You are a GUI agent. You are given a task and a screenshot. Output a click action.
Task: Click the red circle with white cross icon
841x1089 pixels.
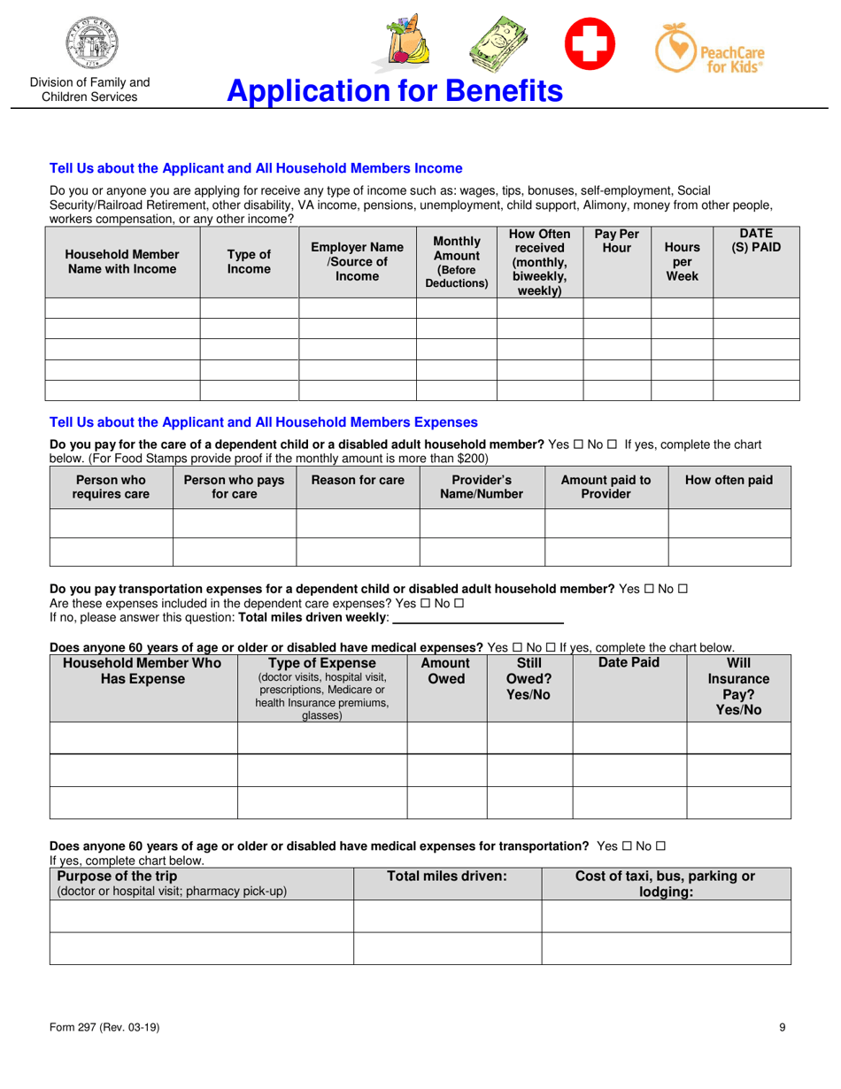tap(590, 46)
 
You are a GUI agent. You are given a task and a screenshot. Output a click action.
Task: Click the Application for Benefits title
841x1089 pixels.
tap(394, 90)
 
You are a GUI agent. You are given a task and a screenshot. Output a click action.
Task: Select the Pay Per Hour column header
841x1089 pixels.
tap(617, 241)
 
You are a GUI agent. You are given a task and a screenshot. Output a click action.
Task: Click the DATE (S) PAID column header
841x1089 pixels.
tap(756, 241)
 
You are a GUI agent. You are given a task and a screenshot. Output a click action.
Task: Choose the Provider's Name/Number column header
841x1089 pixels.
tap(481, 487)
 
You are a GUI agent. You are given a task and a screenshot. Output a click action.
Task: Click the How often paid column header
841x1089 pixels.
tap(729, 480)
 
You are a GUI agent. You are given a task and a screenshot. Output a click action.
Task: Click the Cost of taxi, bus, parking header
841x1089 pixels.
tap(665, 884)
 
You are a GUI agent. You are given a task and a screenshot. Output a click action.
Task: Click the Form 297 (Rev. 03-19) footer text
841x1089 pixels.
tap(104, 1027)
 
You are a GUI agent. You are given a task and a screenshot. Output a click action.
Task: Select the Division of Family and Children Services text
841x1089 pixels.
tap(89, 89)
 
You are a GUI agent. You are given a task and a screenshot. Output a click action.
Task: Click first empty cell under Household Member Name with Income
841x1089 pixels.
tap(124, 308)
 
